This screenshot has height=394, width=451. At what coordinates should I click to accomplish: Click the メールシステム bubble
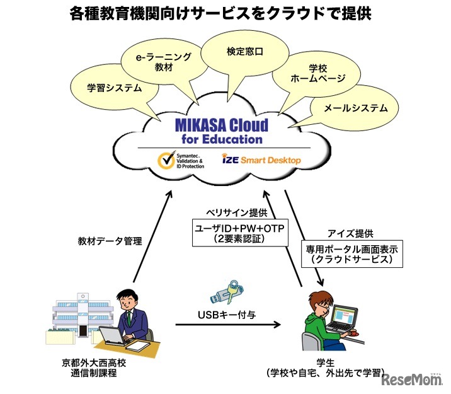click(x=355, y=108)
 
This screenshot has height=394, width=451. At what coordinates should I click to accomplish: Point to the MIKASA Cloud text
click(x=222, y=124)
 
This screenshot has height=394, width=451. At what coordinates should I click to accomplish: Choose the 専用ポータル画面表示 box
click(x=350, y=255)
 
